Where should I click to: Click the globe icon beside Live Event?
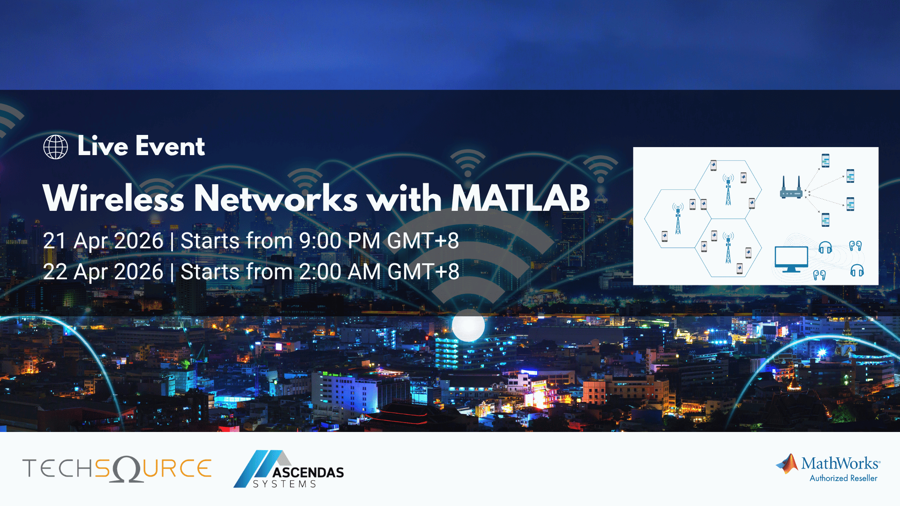[55, 147]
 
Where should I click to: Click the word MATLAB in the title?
[520, 198]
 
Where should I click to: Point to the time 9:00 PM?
[340, 241]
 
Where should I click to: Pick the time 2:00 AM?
[340, 272]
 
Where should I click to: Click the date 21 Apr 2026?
[103, 241]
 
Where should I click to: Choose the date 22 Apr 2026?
[103, 272]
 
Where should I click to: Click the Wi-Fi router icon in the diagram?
[791, 188]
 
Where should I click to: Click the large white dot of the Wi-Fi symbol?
[468, 325]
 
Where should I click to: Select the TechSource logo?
[117, 469]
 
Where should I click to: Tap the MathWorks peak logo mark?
[787, 463]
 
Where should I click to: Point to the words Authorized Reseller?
[843, 478]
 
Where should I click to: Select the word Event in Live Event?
[170, 146]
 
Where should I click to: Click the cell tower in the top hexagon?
[728, 190]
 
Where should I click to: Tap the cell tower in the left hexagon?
[678, 219]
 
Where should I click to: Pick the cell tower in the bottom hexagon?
[728, 248]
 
